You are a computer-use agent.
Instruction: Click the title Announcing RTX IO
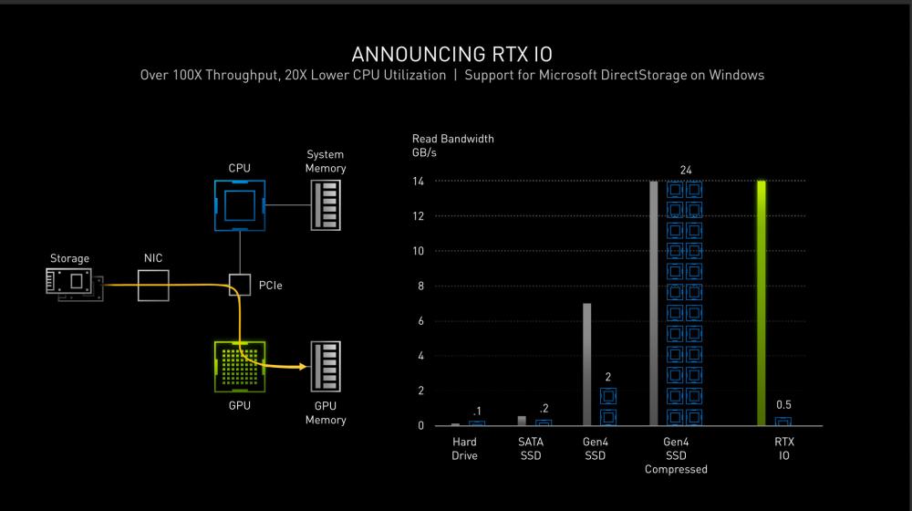[x=452, y=54]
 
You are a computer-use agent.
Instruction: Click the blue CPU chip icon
[x=240, y=205]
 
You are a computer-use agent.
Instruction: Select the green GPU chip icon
[x=240, y=367]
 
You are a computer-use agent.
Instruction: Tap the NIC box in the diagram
[x=153, y=286]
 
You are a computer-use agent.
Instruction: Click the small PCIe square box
[x=240, y=286]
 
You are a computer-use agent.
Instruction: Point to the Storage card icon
[x=75, y=284]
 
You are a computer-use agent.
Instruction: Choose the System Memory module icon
[x=326, y=205]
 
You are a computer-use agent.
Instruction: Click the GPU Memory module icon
[x=326, y=367]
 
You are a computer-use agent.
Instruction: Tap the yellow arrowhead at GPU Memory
[x=303, y=367]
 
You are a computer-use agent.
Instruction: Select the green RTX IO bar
[x=762, y=303]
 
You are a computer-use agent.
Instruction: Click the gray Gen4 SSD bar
[x=586, y=364]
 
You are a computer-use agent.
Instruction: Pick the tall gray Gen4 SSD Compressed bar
[x=654, y=303]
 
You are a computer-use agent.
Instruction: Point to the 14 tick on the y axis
[x=419, y=182]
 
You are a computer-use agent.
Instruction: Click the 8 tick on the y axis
[x=420, y=287]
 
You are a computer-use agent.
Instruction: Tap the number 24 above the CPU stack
[x=686, y=170]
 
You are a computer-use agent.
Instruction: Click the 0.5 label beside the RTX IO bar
[x=783, y=404]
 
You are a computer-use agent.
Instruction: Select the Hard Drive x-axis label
[x=464, y=449]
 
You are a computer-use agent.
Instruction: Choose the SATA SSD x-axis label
[x=531, y=449]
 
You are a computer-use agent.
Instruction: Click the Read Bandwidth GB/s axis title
[x=452, y=145]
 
